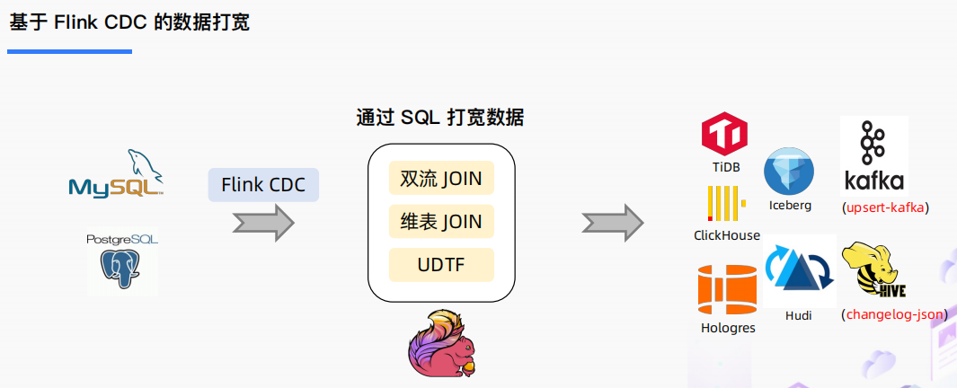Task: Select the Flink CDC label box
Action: tap(263, 185)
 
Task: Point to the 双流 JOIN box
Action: tap(441, 179)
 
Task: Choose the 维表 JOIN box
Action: tap(441, 222)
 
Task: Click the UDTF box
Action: tap(441, 265)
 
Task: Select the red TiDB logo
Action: tap(725, 135)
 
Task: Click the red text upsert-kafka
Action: tap(885, 207)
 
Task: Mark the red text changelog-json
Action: tap(894, 314)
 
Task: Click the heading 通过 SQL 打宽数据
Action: tap(440, 118)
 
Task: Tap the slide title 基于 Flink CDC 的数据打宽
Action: tap(129, 22)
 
